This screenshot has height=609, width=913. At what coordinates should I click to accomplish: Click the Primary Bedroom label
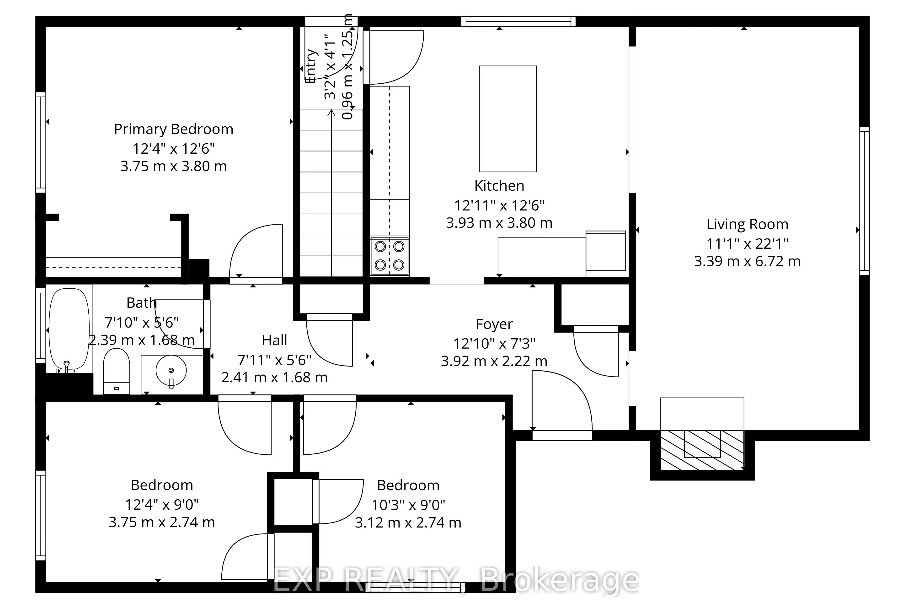click(174, 129)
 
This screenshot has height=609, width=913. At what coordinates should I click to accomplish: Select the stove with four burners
click(389, 256)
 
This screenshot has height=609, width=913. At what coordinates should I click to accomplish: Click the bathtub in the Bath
click(69, 329)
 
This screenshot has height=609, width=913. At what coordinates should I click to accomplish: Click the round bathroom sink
click(171, 371)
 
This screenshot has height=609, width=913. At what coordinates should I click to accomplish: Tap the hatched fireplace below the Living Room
click(702, 450)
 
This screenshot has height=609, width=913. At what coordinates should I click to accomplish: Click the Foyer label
click(494, 324)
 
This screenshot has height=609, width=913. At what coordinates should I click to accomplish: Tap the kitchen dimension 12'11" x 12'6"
click(499, 205)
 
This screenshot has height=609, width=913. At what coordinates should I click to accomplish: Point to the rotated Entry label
click(311, 66)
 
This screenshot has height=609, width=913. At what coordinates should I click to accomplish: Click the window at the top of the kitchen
click(518, 21)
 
